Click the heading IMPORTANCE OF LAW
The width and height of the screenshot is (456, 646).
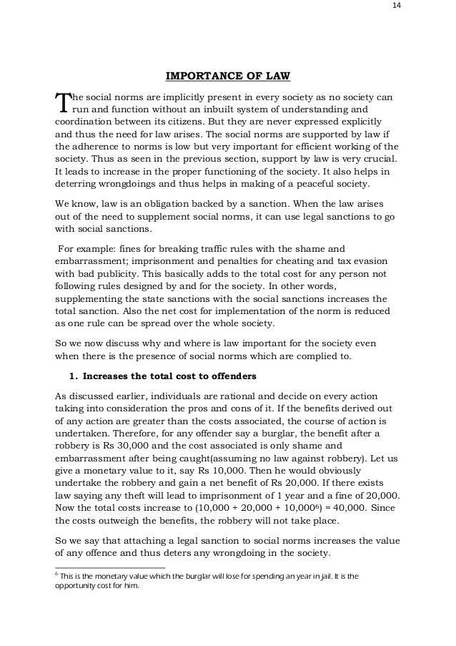tap(228, 76)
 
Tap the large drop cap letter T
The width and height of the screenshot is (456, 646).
tap(62, 103)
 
